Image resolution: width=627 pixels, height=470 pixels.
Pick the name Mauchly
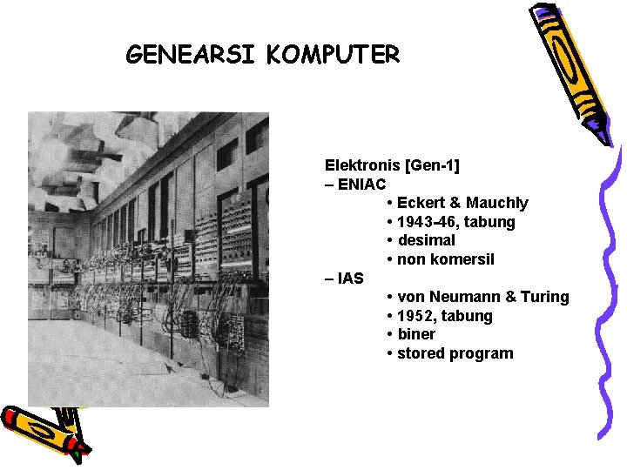(497, 203)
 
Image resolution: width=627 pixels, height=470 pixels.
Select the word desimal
(426, 240)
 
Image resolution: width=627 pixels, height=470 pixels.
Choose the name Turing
(545, 297)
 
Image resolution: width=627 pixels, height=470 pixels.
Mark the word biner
(416, 334)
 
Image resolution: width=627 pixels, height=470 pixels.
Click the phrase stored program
(455, 353)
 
